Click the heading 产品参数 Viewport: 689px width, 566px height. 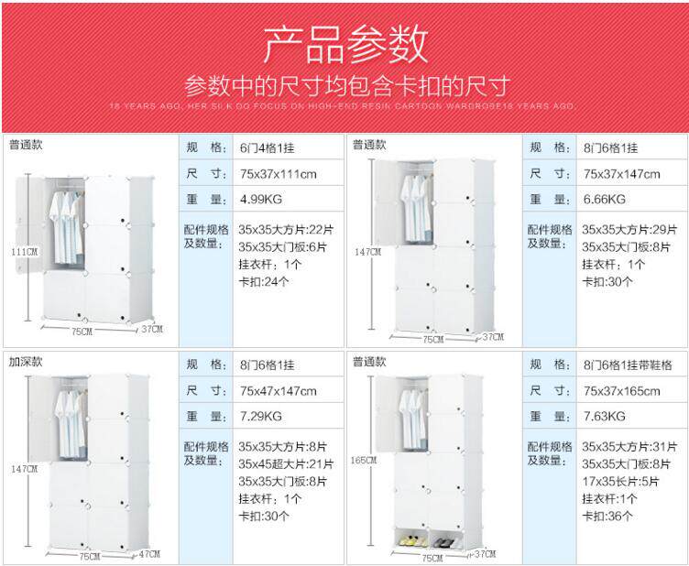345,43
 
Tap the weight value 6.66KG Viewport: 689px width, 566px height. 606,199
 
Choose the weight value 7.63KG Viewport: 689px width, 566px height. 606,417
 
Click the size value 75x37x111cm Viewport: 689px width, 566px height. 279,173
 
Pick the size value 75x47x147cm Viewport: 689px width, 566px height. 279,391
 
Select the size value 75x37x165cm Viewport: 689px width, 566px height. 622,391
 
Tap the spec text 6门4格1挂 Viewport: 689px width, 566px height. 268,147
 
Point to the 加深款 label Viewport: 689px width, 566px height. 26,361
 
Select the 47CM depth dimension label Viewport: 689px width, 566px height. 148,554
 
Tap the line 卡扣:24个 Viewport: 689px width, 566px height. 264,281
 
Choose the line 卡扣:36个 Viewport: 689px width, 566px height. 607,516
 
